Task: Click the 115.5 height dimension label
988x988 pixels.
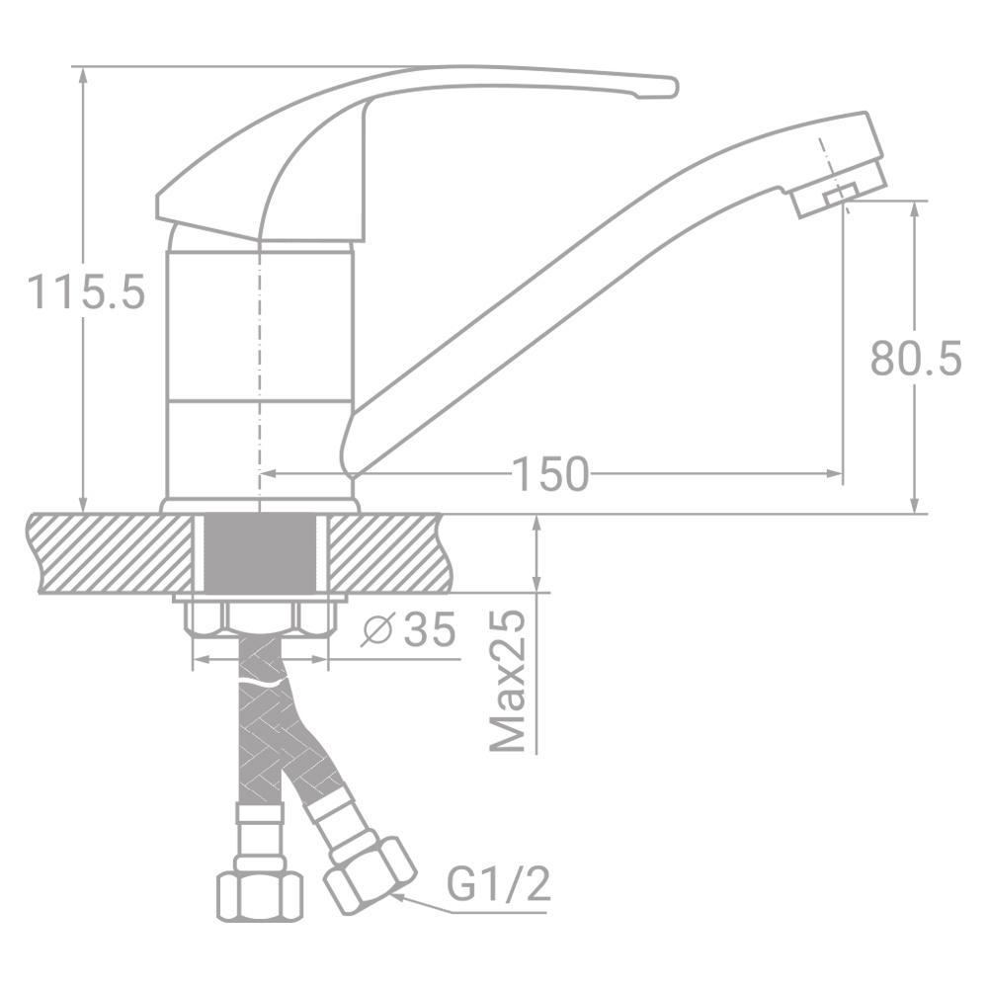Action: pos(87,292)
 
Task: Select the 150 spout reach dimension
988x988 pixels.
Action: pos(549,475)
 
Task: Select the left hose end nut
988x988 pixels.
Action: pos(258,894)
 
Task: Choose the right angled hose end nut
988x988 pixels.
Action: pos(370,873)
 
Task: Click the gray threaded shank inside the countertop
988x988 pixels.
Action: pos(261,553)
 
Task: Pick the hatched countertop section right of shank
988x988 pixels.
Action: pos(385,553)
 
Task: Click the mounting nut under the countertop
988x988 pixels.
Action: pos(261,617)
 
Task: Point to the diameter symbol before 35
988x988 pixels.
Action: pos(376,629)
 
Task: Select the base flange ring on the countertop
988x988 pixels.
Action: pos(259,505)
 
